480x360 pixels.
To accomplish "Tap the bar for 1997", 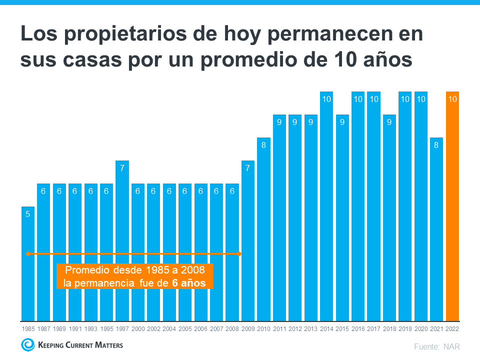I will point(122,240).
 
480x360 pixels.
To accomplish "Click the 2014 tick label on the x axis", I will point(326,329).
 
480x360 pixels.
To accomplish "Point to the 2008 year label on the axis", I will point(232,329).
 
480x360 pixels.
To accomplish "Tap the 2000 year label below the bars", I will point(138,329).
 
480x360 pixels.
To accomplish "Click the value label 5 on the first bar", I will point(28,214).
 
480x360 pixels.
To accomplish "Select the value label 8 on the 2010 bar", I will point(263,145).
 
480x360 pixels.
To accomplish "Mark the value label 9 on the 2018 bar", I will point(389,122).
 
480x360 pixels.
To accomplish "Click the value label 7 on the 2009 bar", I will point(248,168).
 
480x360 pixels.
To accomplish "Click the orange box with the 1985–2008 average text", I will point(135,276).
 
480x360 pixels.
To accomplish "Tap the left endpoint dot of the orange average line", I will point(28,254).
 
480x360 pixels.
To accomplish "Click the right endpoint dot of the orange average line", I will point(239,254).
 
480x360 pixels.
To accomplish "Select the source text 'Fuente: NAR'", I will point(436,346).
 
